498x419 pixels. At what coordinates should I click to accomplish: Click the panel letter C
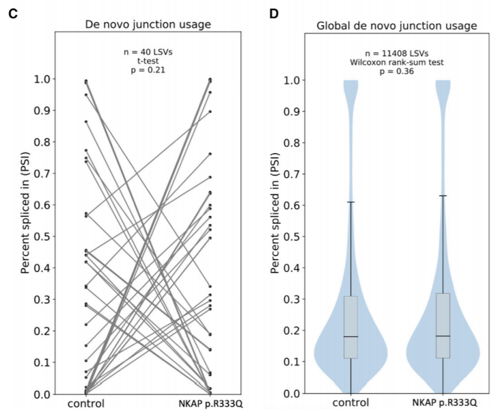12,14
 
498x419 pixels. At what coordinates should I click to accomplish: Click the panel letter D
274,14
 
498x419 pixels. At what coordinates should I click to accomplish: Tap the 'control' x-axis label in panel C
85,404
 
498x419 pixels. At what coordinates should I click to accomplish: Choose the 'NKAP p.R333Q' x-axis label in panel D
443,404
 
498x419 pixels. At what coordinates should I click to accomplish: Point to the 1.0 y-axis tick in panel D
294,80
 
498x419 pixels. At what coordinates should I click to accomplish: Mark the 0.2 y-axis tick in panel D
294,332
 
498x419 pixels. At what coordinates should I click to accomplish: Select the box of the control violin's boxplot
350,327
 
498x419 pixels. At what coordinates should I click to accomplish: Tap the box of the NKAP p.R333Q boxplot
443,325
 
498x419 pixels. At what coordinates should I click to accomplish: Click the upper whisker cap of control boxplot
350,202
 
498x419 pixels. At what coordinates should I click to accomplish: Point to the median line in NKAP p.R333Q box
443,336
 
